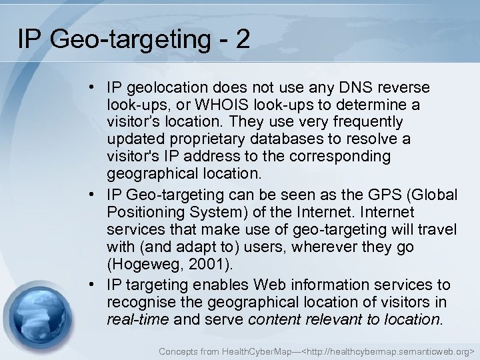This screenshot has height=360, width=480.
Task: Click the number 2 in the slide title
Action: (242, 39)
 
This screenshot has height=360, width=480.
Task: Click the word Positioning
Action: (141, 213)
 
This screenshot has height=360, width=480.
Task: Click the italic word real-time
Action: (138, 319)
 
